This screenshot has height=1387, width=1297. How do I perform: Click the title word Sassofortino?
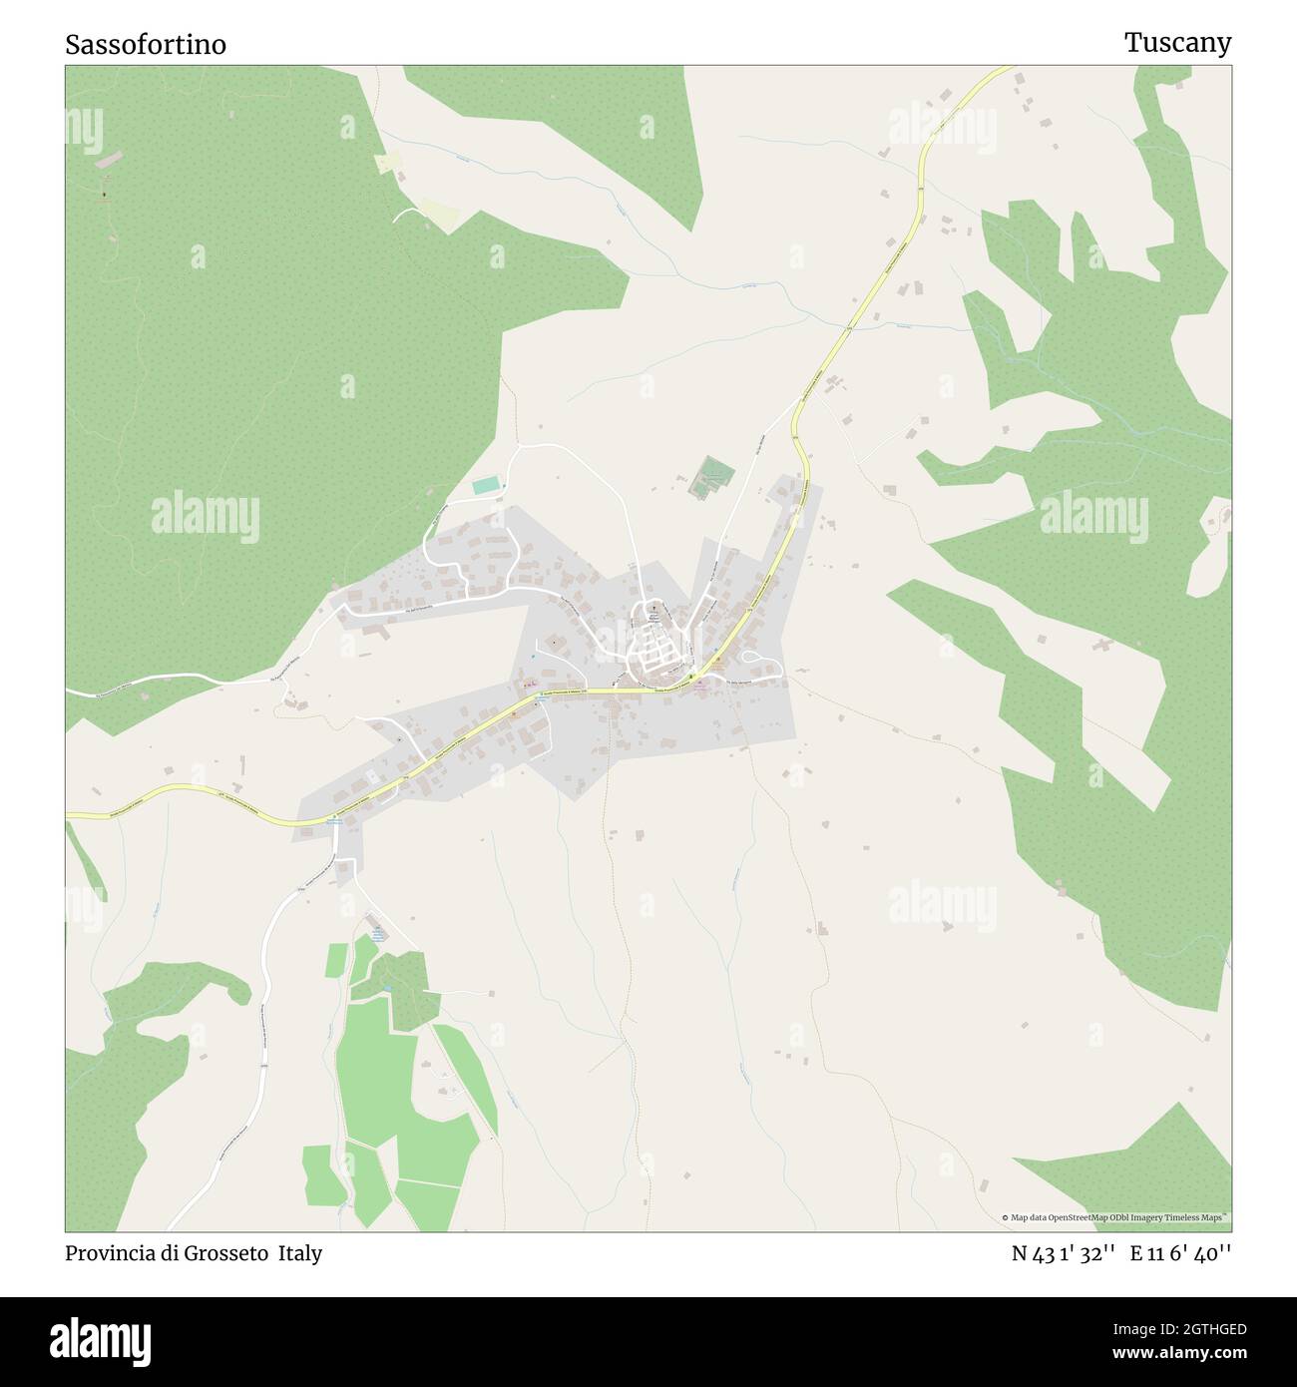pyautogui.click(x=146, y=45)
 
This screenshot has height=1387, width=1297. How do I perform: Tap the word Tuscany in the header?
pyautogui.click(x=1177, y=43)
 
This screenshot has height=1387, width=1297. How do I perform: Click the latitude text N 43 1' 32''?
pyautogui.click(x=1063, y=1253)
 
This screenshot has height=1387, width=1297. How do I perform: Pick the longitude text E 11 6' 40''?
pyautogui.click(x=1181, y=1253)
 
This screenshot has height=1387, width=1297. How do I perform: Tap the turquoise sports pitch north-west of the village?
pyautogui.click(x=486, y=486)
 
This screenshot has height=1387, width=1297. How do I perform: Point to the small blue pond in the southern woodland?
pyautogui.click(x=385, y=989)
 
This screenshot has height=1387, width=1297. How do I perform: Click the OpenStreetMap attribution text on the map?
pyautogui.click(x=1116, y=1217)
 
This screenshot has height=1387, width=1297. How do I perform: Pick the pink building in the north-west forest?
pyautogui.click(x=113, y=158)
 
